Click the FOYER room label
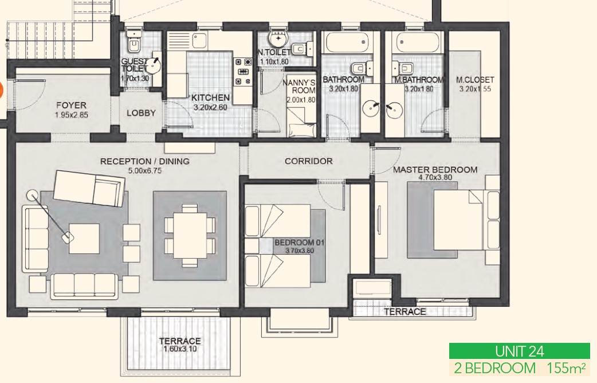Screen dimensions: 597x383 point(71,105)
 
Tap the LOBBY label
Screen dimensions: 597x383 point(142,113)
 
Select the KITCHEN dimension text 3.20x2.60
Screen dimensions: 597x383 point(210,107)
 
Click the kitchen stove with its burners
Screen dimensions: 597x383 point(243,71)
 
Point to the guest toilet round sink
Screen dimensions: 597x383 point(154,65)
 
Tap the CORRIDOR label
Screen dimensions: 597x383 point(309,161)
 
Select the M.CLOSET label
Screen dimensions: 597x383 point(475,80)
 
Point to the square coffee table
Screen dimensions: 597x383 point(84,239)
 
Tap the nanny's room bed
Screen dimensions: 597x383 point(301,122)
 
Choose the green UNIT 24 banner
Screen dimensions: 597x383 point(519,351)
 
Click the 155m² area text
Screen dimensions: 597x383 point(566,368)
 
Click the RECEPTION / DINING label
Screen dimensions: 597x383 point(145,161)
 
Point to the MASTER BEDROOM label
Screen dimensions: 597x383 point(435,170)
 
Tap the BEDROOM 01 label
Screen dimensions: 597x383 point(300,243)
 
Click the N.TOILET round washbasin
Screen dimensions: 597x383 point(278,39)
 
